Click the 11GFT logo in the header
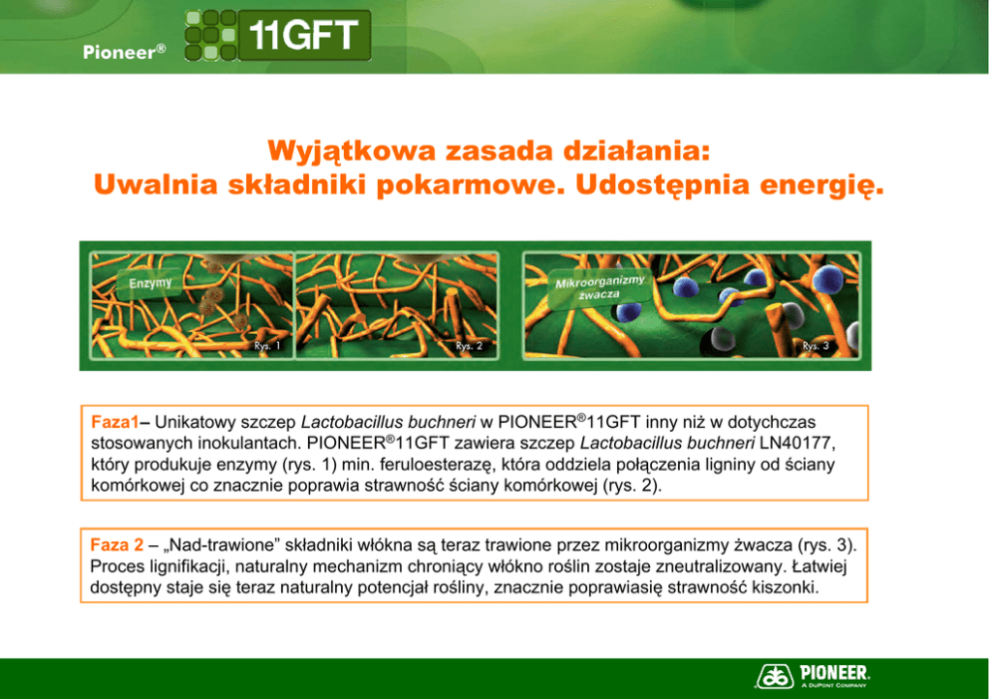coord(278,35)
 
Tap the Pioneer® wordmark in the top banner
coord(125,52)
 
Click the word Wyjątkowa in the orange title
coord(352,152)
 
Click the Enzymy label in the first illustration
coord(151,282)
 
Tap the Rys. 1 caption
coord(267,346)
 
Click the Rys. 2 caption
coord(470,346)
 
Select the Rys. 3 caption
coord(816,346)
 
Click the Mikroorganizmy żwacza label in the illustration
coord(599,288)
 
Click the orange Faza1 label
coord(115,422)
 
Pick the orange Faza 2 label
coord(117,545)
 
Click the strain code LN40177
coord(797,444)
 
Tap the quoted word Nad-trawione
coord(220,545)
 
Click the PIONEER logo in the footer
coord(813,676)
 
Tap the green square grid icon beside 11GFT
coord(210,35)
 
